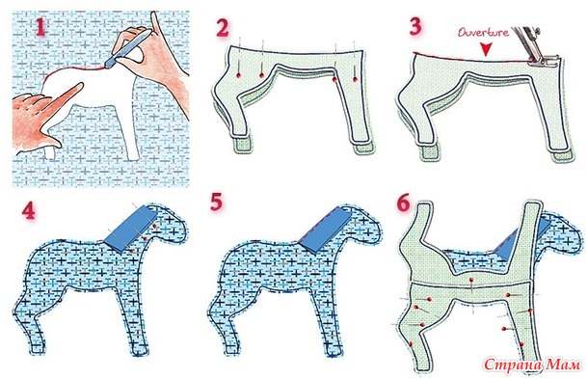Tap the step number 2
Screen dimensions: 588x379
[x=223, y=28]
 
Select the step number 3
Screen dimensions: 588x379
[x=415, y=26]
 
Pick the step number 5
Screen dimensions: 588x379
[x=217, y=203]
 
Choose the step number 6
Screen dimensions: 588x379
[x=403, y=203]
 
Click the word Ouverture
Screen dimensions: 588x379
[x=483, y=32]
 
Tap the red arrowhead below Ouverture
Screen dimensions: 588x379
[x=487, y=49]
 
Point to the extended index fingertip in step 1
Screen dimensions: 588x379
[x=79, y=87]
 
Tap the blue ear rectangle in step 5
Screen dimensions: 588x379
[x=325, y=228]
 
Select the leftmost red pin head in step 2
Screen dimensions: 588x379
[x=238, y=76]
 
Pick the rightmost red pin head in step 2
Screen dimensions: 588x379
[x=355, y=79]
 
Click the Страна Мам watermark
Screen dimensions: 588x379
[x=532, y=365]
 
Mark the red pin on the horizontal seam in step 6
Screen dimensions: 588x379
[x=469, y=280]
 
